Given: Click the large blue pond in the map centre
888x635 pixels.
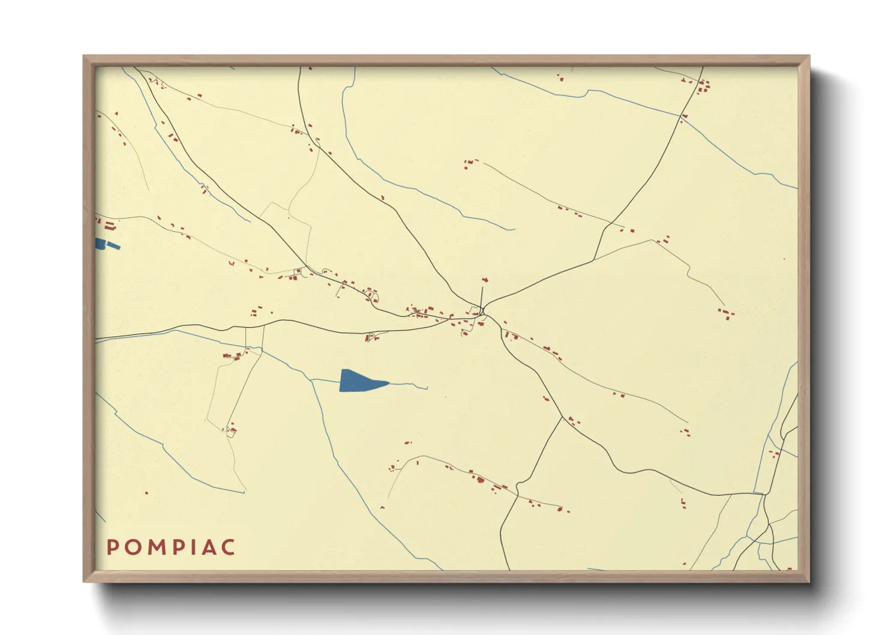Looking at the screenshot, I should tap(357, 381).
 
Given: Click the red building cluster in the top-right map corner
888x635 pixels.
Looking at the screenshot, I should tap(702, 86).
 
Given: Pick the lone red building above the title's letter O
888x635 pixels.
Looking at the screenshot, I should tap(146, 493).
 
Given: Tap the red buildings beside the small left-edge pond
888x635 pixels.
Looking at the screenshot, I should tap(109, 226).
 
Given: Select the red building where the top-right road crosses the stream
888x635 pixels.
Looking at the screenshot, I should tap(684, 116).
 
